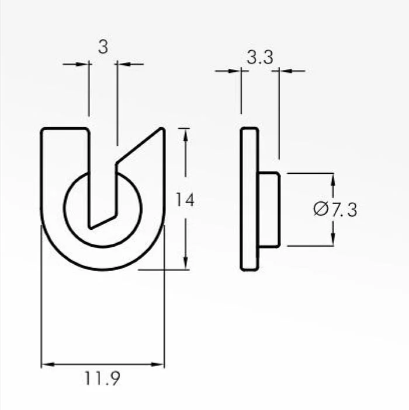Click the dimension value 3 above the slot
pos(103,47)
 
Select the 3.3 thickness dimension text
pos(259,58)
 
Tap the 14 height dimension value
pos(185,199)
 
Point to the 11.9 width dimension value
pos(102,378)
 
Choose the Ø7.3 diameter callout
pos(335,209)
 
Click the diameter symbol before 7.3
pos(321,209)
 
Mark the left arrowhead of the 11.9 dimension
pos(48,364)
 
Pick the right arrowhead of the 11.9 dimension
pos(158,364)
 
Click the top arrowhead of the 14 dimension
pos(185,135)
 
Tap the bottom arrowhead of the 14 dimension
pos(185,263)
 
